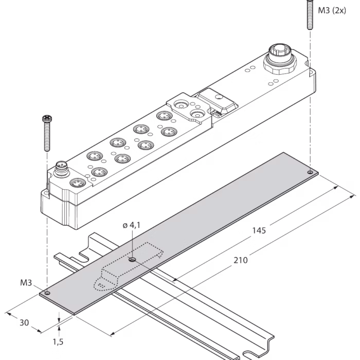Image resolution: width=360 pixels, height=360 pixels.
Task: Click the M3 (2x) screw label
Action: [332, 11]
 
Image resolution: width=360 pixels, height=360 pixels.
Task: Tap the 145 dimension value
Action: [259, 230]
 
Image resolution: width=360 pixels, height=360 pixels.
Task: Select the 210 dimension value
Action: [241, 260]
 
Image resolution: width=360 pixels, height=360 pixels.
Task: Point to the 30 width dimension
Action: [24, 322]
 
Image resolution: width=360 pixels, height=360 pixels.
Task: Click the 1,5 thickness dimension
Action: [58, 342]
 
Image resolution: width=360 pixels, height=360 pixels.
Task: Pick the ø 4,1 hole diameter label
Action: [131, 225]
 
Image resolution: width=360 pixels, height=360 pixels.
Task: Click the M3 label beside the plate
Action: [26, 282]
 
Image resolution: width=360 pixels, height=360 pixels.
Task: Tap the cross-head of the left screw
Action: [47, 119]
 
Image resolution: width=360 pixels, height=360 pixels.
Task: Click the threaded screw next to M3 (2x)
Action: [310, 15]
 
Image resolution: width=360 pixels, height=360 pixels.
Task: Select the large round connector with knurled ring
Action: [280, 59]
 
